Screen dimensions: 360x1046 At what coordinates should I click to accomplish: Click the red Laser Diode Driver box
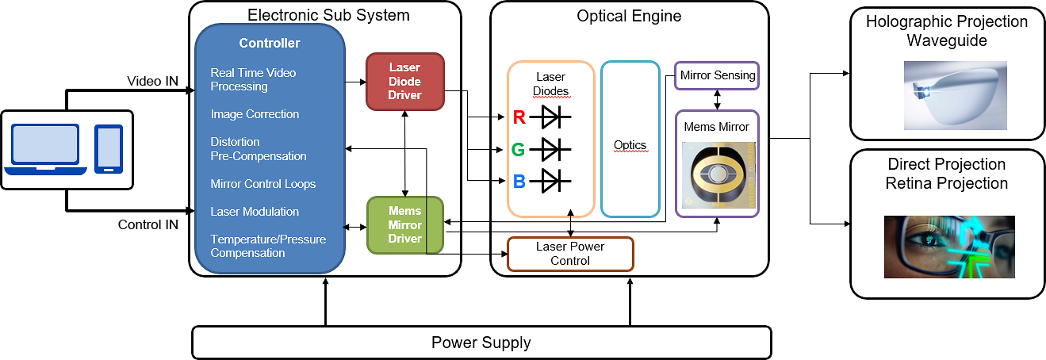[x=404, y=82]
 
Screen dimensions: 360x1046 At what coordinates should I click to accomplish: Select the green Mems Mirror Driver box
[x=404, y=225]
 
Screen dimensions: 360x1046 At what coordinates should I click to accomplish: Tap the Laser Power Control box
[x=569, y=254]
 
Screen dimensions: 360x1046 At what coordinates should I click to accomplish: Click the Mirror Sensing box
[x=718, y=76]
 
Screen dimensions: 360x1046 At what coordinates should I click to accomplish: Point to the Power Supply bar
[x=481, y=343]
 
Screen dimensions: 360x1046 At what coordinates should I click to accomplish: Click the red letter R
[x=519, y=118]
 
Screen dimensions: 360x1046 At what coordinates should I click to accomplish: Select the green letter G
[x=519, y=149]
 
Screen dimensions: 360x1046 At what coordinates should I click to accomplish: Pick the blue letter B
[x=519, y=181]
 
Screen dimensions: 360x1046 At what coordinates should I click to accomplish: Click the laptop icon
[x=45, y=149]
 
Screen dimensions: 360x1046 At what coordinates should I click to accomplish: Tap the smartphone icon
[x=109, y=149]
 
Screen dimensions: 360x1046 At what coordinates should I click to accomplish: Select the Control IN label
[x=148, y=224]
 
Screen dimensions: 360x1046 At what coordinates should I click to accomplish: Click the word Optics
[x=630, y=145]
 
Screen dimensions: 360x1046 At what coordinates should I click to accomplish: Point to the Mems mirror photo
[x=716, y=175]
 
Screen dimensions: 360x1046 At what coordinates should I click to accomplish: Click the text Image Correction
[x=255, y=114]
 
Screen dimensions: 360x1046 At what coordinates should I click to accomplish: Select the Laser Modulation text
[x=255, y=212]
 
